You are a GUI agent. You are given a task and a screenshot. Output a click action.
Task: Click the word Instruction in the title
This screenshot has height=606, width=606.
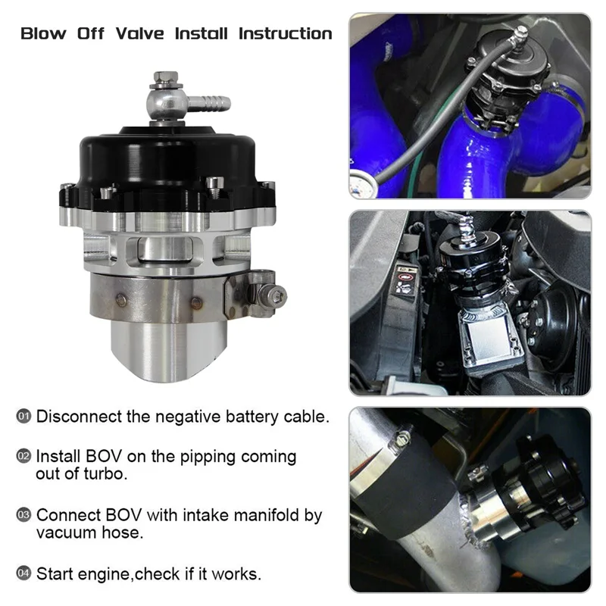[286, 33]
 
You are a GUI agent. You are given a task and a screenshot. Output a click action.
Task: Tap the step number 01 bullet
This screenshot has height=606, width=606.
[24, 416]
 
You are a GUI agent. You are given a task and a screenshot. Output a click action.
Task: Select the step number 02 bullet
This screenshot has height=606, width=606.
[24, 457]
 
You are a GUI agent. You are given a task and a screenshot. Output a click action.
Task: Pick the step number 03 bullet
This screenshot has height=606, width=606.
[24, 515]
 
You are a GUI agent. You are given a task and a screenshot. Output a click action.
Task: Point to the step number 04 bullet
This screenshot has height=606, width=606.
[24, 573]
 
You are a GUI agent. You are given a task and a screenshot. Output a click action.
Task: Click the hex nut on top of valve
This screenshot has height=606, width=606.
[166, 77]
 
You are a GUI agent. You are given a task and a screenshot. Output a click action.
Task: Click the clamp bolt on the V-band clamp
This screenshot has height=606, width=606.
[277, 294]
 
